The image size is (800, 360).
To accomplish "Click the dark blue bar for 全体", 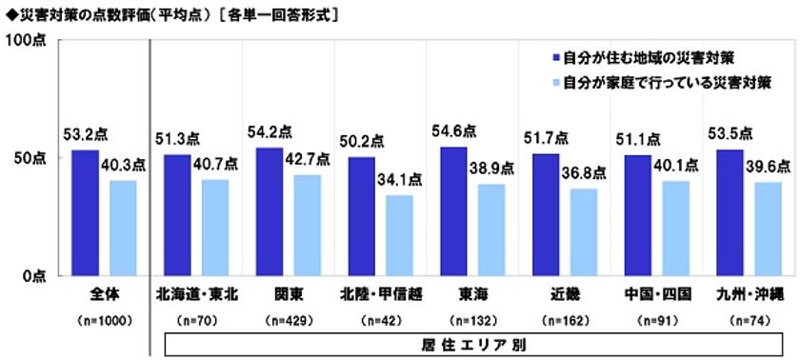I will coord(85,212).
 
